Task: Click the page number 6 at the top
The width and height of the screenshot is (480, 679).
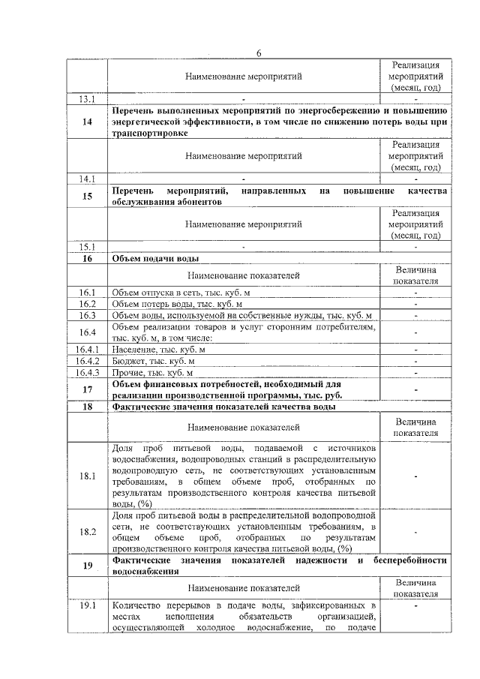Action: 259,53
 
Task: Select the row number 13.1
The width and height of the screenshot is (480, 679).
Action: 87,99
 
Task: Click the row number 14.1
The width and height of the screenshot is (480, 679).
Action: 87,179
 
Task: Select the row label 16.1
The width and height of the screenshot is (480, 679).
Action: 87,292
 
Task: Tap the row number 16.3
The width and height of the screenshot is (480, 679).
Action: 87,315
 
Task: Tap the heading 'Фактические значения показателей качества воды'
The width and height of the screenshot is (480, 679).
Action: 223,407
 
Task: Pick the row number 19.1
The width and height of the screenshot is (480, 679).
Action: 87,605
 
